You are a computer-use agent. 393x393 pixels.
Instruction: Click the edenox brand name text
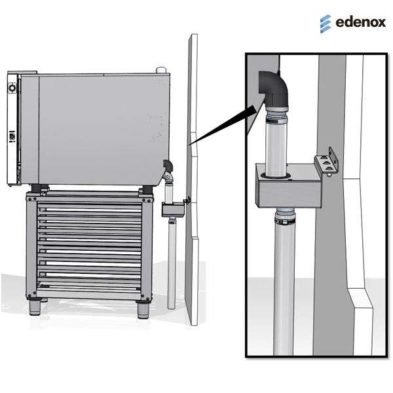[360, 22]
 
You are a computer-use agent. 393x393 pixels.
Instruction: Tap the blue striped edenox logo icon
[326, 24]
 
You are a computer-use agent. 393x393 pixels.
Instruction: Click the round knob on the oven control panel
[12, 88]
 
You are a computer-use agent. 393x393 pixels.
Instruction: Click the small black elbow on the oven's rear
[168, 165]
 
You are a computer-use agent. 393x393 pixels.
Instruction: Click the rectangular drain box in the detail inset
[288, 187]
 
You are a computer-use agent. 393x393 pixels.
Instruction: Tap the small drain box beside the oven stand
[173, 210]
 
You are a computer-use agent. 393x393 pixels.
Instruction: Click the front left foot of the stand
[35, 307]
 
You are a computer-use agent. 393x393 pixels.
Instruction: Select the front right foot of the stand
[143, 309]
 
